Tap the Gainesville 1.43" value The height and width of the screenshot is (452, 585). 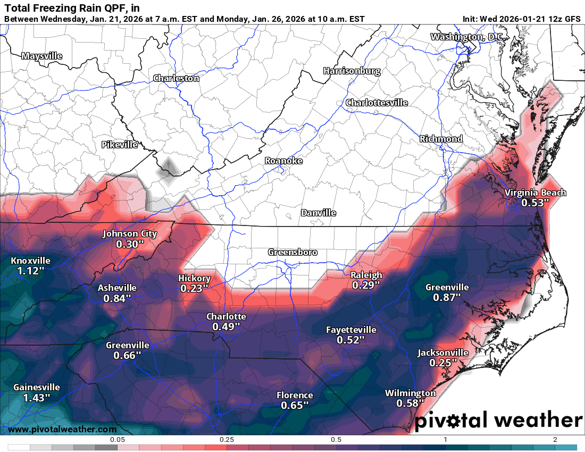tap(36, 397)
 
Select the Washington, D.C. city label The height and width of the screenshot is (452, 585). tap(466, 37)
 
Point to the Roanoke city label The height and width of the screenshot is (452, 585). tap(284, 161)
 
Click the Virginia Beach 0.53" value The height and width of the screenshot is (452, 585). tap(535, 203)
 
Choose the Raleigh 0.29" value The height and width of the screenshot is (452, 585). tap(366, 285)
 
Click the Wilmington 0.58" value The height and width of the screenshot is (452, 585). tap(410, 404)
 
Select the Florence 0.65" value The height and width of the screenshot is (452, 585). tap(295, 405)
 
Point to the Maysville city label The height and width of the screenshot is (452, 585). tap(42, 56)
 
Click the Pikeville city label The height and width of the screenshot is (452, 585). tap(120, 145)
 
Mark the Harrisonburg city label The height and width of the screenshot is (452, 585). tap(352, 71)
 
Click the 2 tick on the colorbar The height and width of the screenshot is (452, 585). tap(555, 440)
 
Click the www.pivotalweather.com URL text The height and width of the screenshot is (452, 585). tap(63, 429)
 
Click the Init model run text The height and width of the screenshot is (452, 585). tap(521, 19)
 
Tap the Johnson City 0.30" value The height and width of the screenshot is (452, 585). tap(130, 244)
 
